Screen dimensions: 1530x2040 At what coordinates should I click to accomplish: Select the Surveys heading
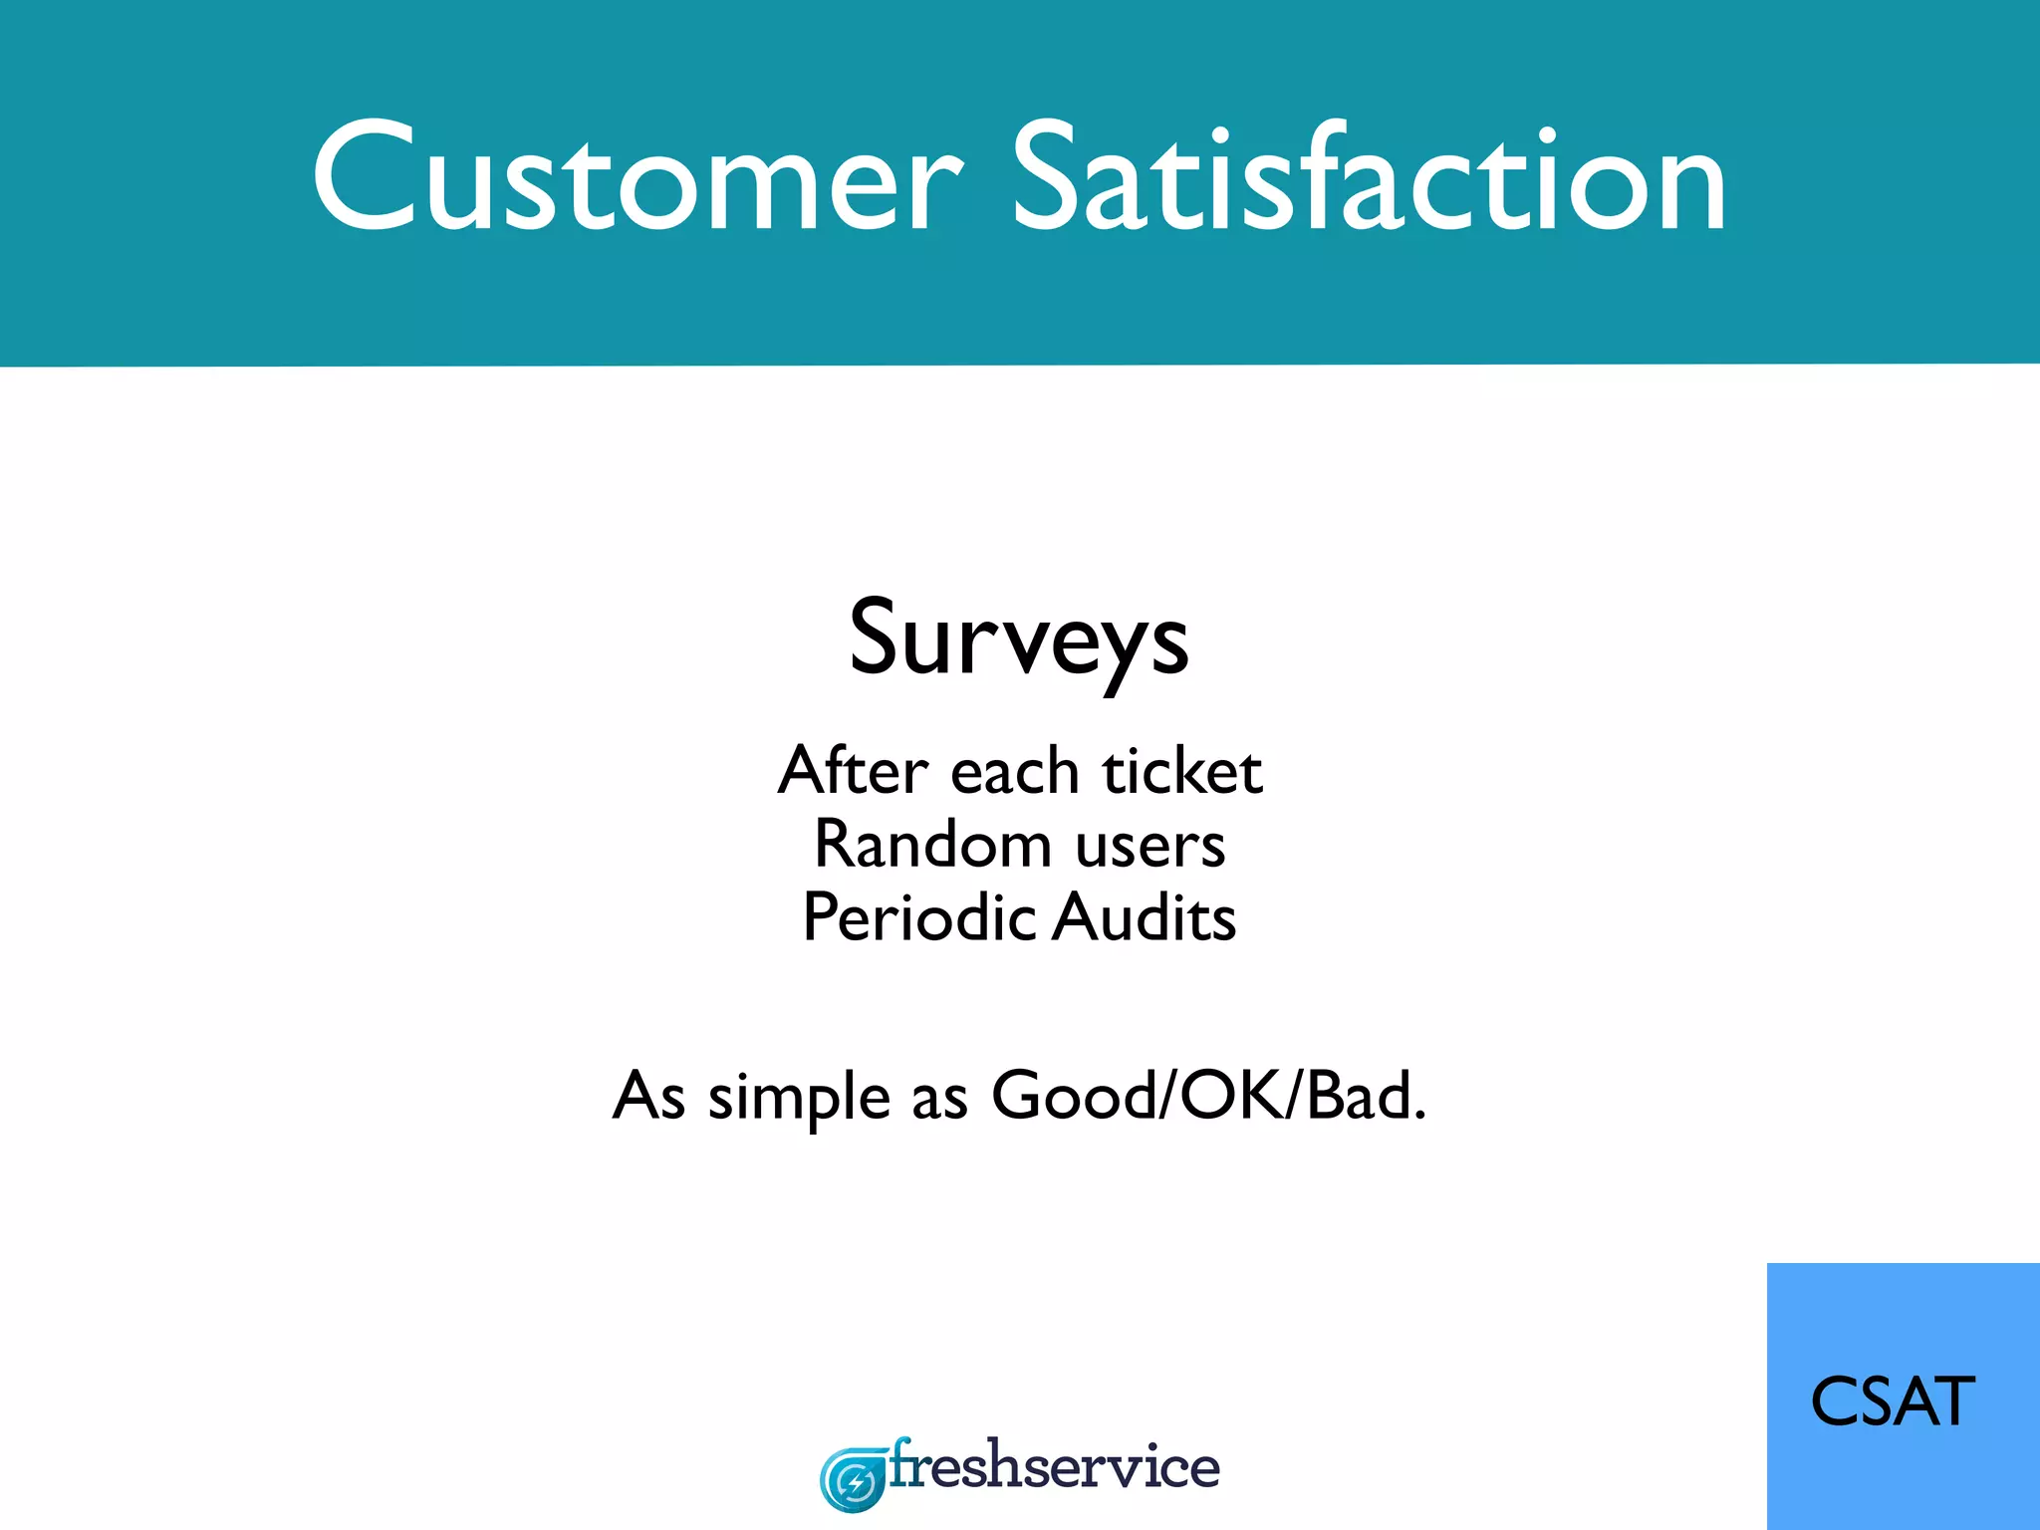pyautogui.click(x=1019, y=637)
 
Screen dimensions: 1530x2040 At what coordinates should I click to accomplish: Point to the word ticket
pyautogui.click(x=1182, y=771)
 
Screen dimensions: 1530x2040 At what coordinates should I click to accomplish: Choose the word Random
pyautogui.click(x=932, y=845)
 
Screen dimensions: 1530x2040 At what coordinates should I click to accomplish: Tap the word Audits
pyautogui.click(x=1146, y=917)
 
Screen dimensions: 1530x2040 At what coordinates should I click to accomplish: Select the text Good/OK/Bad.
pyautogui.click(x=1208, y=1096)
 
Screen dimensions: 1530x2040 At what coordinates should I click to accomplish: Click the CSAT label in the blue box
pyautogui.click(x=1893, y=1402)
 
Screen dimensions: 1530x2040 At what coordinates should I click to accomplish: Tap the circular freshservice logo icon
pyautogui.click(x=853, y=1480)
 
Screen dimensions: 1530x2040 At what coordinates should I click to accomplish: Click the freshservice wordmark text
pyautogui.click(x=1054, y=1467)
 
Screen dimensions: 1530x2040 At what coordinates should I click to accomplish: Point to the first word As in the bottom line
pyautogui.click(x=648, y=1097)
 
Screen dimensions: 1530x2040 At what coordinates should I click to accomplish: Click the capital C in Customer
pyautogui.click(x=363, y=177)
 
